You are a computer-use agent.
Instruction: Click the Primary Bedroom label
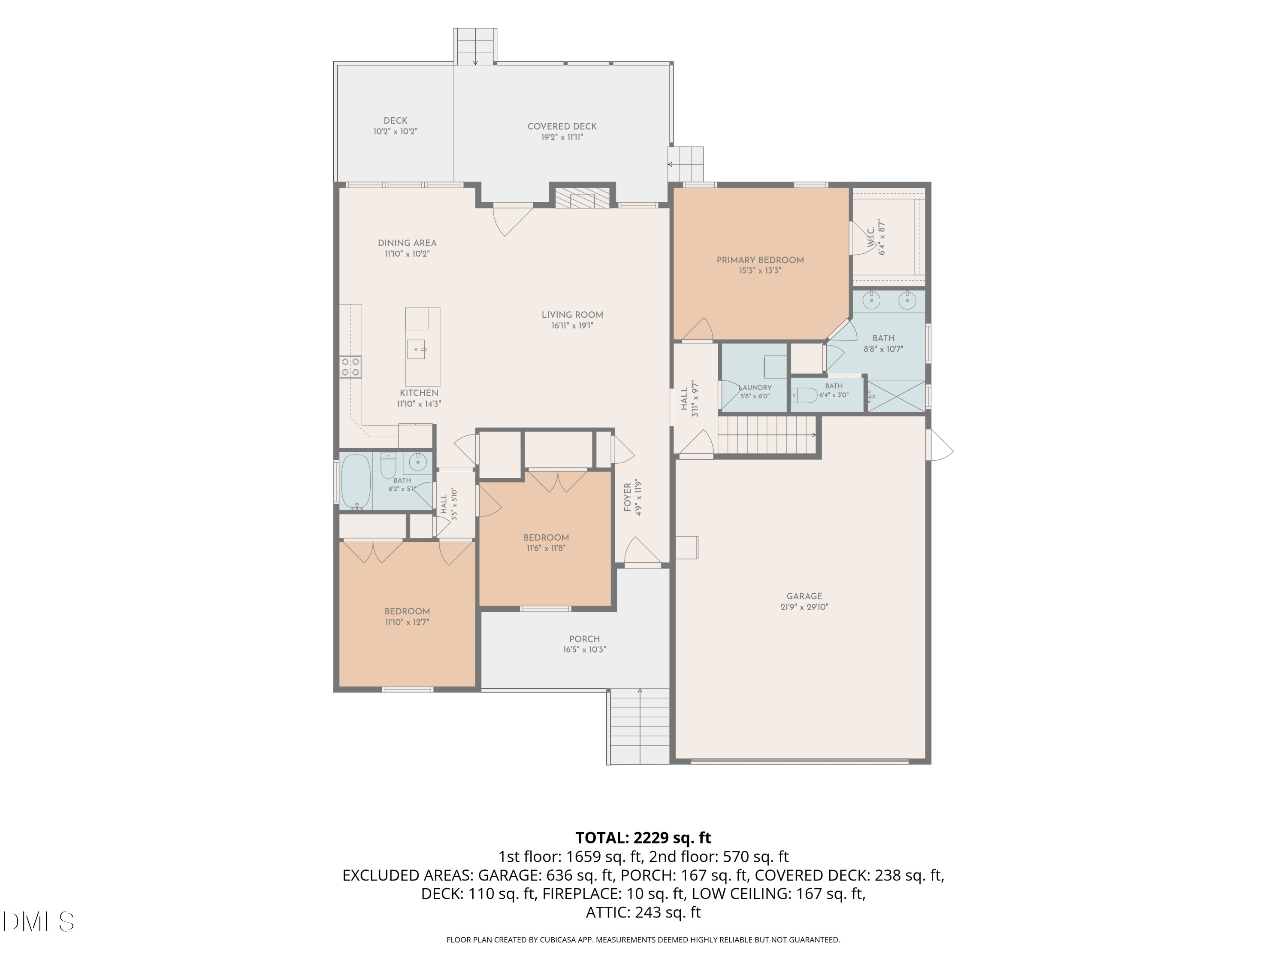click(x=760, y=260)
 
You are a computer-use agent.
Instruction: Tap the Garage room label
click(x=804, y=596)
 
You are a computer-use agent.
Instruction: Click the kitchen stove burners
click(x=350, y=367)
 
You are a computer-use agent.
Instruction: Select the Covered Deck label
click(x=562, y=126)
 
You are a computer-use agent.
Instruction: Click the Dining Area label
click(x=407, y=243)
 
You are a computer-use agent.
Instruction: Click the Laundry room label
click(x=755, y=388)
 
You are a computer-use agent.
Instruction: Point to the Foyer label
click(x=628, y=497)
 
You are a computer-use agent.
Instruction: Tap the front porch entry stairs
click(x=638, y=726)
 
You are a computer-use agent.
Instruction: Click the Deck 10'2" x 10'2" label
click(x=395, y=126)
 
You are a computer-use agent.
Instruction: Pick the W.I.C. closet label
click(x=871, y=237)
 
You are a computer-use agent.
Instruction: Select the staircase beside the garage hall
click(x=767, y=435)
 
